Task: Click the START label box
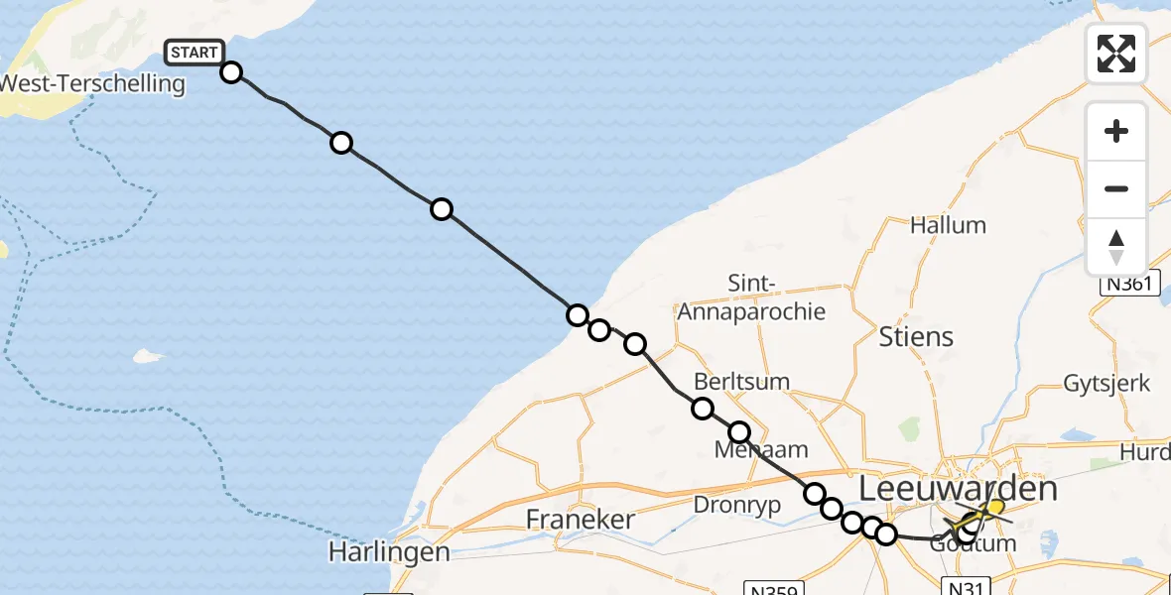195,53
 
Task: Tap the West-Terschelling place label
92,83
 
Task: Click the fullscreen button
1116,54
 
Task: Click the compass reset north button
1116,247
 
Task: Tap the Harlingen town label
391,551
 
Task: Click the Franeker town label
580,520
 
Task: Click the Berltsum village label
742,382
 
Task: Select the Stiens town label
916,337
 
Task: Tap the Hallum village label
948,225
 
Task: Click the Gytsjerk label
1106,384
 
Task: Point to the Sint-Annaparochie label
751,297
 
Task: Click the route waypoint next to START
231,72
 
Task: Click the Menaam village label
761,450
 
